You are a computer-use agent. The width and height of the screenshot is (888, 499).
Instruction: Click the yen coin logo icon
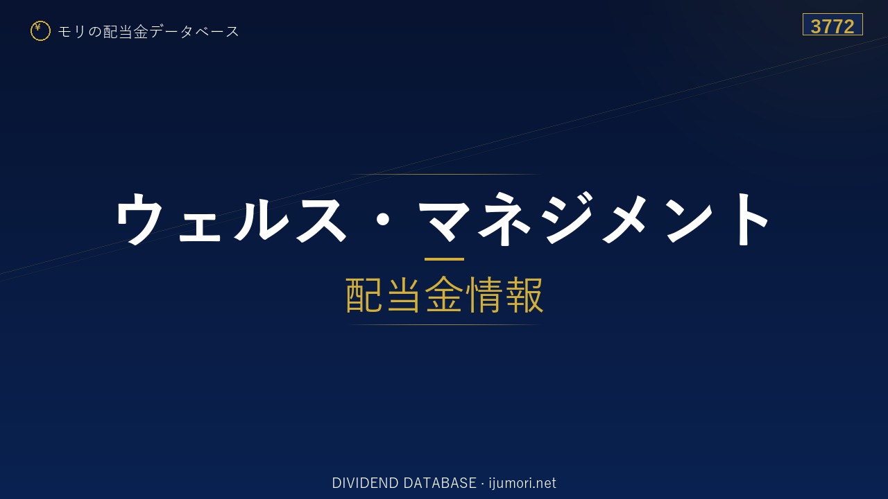[40, 31]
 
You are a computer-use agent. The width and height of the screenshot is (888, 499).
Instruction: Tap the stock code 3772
[832, 26]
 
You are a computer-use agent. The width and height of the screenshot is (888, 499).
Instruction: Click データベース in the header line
[194, 31]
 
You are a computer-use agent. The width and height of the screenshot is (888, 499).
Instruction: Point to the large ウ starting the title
[139, 218]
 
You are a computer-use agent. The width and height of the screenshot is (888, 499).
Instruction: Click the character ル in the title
[262, 218]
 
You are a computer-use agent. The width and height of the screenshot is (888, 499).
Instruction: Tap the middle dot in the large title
[382, 220]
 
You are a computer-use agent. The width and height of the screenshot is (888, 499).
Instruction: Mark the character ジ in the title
[568, 218]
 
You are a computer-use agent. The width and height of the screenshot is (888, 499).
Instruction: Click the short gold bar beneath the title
[444, 259]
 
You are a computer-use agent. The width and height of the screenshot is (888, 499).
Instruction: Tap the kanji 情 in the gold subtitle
[484, 295]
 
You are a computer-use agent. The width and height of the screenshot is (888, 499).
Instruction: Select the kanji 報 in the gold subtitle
[523, 295]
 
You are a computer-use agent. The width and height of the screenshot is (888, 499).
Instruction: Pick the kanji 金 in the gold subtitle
[444, 295]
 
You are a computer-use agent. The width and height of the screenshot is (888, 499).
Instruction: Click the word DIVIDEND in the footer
[365, 483]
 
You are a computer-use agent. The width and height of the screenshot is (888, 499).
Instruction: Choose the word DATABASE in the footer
[440, 483]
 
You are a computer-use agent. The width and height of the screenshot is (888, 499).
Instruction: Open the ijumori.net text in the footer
[522, 483]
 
